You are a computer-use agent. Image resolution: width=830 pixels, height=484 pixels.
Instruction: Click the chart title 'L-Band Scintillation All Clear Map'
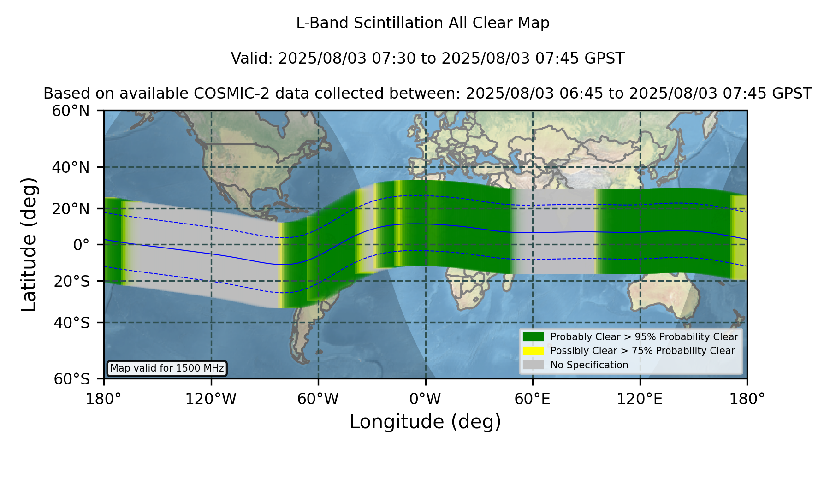click(x=422, y=23)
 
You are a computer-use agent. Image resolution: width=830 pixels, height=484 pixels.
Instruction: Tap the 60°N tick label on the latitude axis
click(x=71, y=111)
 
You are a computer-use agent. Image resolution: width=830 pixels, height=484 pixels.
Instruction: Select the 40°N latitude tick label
click(x=71, y=167)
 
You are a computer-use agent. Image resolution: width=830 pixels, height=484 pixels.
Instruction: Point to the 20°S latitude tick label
click(x=72, y=281)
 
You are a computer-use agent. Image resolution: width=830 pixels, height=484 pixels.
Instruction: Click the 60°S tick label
click(x=72, y=379)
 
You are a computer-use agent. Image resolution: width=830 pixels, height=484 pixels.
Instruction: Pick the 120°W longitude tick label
click(x=211, y=399)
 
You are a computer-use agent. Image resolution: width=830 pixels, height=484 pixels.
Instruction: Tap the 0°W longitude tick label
click(x=425, y=399)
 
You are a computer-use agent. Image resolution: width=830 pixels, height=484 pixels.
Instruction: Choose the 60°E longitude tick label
click(x=533, y=399)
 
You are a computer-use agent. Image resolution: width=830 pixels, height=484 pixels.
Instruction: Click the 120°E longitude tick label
click(x=640, y=399)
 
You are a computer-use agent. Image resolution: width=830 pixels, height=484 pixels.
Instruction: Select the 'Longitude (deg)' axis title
click(x=425, y=422)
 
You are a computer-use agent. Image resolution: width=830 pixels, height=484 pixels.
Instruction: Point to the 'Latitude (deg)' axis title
click(x=29, y=244)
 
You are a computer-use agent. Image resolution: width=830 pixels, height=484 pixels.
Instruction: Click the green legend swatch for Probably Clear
click(x=533, y=336)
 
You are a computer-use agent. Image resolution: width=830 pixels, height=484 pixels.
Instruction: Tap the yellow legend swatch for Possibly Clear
click(x=533, y=351)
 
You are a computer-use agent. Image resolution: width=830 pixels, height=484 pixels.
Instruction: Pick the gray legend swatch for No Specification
click(x=533, y=365)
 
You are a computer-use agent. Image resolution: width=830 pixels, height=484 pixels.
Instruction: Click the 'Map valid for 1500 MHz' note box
click(x=167, y=368)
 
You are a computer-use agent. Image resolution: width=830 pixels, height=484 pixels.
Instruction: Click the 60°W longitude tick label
click(x=318, y=399)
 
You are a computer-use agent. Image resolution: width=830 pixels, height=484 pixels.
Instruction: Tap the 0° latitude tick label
click(x=81, y=245)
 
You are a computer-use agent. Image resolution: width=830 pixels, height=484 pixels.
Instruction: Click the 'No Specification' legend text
click(x=589, y=365)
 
